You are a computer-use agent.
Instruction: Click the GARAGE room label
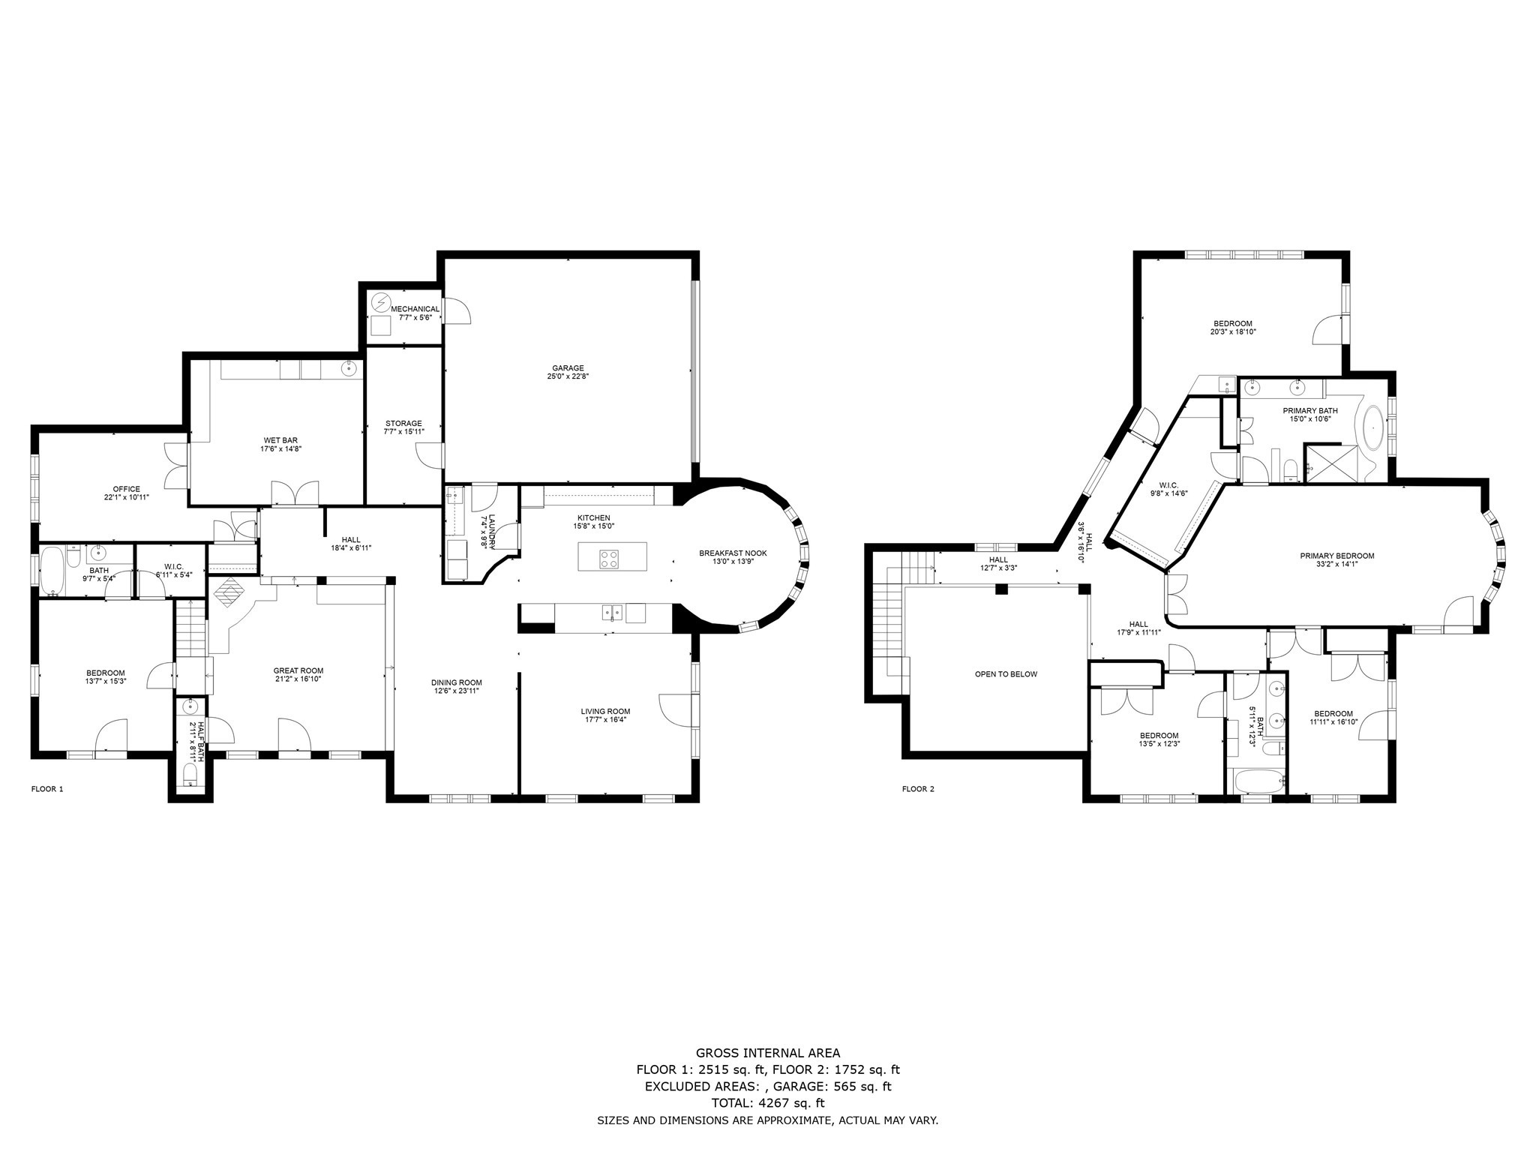pos(568,368)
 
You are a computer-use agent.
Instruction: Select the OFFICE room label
pos(127,489)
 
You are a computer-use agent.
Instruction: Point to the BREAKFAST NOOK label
pos(733,553)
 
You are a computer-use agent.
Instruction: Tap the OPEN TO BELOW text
pos(1006,674)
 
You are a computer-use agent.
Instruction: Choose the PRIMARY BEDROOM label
pos(1337,556)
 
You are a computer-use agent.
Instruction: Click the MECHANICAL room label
pos(415,309)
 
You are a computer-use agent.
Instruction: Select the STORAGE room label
pos(403,423)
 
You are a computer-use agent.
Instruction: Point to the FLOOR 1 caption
pos(47,788)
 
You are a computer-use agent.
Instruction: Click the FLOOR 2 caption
pos(918,788)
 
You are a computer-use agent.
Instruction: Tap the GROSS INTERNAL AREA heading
pos(768,1053)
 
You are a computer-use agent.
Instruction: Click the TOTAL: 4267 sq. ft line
pos(768,1102)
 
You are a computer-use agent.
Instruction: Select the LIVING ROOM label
pos(605,711)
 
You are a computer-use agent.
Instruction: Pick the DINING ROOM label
pos(456,682)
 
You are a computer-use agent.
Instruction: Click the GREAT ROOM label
pos(298,670)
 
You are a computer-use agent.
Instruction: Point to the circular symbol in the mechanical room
pos(380,303)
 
